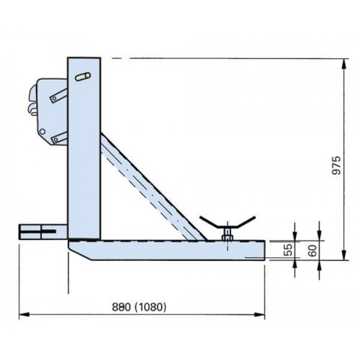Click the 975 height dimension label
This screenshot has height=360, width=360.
click(337, 166)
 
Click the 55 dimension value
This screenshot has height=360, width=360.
click(288, 250)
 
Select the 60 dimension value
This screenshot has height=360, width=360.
click(313, 250)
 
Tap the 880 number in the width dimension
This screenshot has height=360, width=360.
click(121, 307)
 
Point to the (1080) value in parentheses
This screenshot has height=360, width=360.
click(150, 307)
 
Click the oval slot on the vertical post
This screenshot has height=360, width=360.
click(83, 77)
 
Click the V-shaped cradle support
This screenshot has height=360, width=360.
click(227, 222)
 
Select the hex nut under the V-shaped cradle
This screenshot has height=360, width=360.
click(227, 238)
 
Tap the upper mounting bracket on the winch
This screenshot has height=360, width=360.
click(59, 96)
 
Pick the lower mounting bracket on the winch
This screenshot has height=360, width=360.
click(59, 138)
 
